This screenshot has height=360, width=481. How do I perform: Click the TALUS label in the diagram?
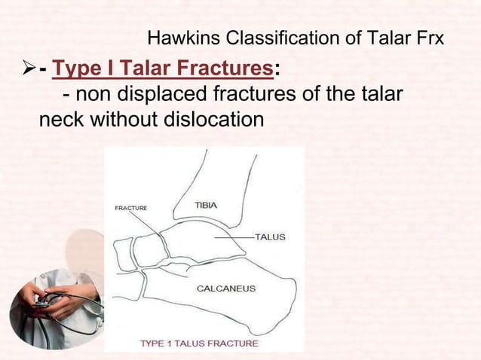269,236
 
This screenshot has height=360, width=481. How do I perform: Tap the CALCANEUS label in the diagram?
225,288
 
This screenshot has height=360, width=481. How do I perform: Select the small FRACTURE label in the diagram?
130,208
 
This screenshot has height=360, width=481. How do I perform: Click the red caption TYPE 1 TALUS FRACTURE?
199,343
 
